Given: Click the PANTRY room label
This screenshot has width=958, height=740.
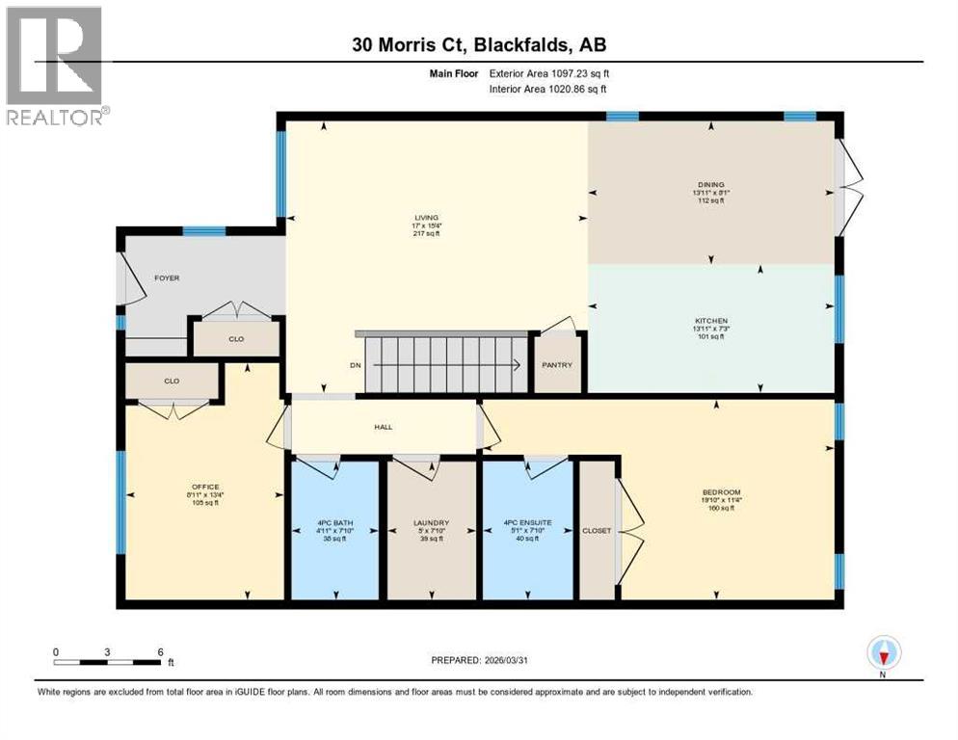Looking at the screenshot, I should (557, 365).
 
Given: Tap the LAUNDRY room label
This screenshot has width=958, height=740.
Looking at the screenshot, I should (432, 523).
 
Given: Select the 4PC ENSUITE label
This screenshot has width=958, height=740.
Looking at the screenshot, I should (527, 523).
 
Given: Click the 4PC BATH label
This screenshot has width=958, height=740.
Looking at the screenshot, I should (334, 523).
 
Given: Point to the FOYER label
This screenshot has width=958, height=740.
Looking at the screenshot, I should (167, 278).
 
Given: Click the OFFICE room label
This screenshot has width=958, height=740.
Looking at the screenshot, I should (205, 487).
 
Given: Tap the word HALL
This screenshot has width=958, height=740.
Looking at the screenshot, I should (384, 427).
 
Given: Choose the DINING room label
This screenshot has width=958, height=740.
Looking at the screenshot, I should (711, 185).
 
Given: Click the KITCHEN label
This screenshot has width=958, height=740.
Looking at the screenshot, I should (711, 321).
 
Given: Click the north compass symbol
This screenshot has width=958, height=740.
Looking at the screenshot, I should (883, 654).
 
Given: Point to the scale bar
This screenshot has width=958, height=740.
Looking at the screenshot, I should (109, 662).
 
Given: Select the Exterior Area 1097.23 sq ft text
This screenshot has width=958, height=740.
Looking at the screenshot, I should (548, 72).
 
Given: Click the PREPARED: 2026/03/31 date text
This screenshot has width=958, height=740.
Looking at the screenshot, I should (481, 660).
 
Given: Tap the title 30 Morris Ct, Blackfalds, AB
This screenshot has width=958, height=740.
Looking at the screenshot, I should (479, 44).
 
